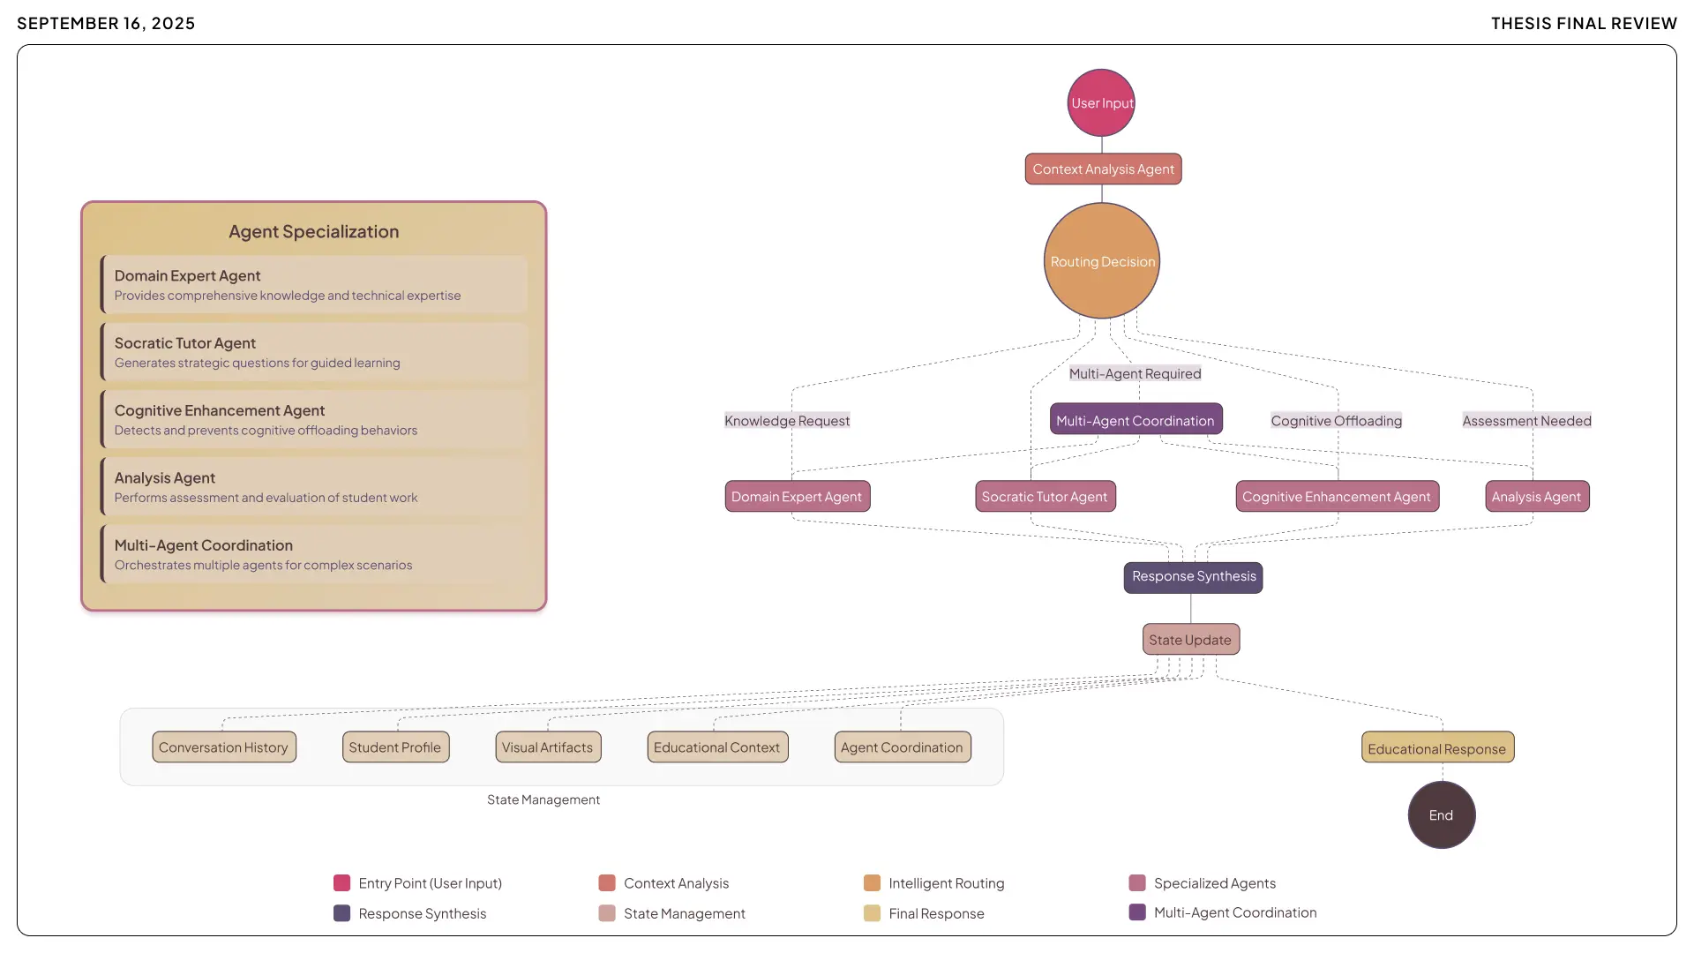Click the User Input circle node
[x=1101, y=103]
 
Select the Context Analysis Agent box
[x=1103, y=169]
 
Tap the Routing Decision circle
[x=1102, y=261]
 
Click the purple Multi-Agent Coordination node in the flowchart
[x=1136, y=420]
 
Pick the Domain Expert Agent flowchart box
[x=797, y=497]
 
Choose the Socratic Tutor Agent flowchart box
[x=1045, y=497]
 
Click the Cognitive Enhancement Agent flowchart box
[x=1337, y=497]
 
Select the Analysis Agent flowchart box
[x=1537, y=497]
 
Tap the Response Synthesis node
[x=1193, y=577]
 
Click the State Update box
[x=1190, y=640]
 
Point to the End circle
[x=1441, y=815]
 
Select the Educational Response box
[x=1437, y=748]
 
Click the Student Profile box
[x=395, y=747]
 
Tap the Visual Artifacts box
[x=548, y=747]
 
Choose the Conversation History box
[x=224, y=747]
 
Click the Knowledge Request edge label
[x=787, y=421]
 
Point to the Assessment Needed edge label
[x=1526, y=421]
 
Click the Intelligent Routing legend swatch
[x=872, y=883]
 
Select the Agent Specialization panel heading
[x=314, y=231]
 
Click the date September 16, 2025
[x=106, y=23]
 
